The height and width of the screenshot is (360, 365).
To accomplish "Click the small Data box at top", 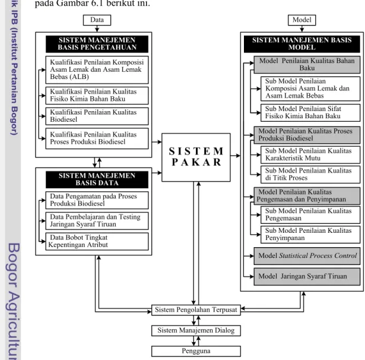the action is click(97, 20).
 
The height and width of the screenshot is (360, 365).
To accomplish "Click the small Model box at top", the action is click(301, 20).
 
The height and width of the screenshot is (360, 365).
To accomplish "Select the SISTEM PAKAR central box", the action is click(196, 157).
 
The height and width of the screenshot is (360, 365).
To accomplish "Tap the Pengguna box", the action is click(196, 351).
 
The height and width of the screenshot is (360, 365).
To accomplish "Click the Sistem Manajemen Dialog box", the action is click(196, 331).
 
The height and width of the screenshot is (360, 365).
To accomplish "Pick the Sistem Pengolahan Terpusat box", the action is click(196, 310).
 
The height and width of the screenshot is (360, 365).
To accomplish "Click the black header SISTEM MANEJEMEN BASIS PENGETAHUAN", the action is click(97, 44).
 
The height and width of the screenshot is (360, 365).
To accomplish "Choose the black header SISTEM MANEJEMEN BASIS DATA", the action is click(97, 179).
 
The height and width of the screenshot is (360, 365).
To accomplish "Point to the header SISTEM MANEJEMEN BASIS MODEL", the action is click(302, 44).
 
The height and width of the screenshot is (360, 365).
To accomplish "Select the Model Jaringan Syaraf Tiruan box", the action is click(307, 277).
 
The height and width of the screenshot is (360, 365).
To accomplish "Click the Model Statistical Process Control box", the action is click(307, 256).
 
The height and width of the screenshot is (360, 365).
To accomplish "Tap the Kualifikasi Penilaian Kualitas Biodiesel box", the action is click(97, 116).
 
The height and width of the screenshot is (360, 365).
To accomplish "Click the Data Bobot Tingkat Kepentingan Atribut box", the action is click(97, 241).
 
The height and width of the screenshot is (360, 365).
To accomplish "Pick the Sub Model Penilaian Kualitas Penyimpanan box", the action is click(310, 235).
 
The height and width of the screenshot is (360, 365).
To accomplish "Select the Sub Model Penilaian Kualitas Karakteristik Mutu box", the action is click(310, 154).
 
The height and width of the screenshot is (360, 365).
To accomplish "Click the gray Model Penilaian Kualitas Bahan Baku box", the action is click(307, 65).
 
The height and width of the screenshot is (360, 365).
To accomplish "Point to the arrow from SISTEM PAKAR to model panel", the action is click(236, 156).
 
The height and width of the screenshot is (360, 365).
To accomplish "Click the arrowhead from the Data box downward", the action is click(97, 30).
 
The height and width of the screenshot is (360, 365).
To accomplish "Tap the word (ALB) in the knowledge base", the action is click(79, 77).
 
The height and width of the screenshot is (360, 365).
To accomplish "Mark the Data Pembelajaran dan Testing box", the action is click(97, 221).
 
